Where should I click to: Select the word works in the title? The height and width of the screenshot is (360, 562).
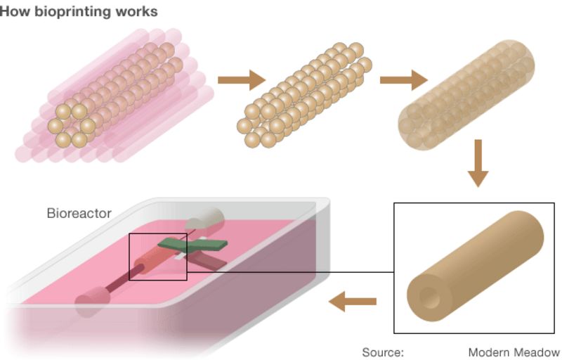(x=138, y=12)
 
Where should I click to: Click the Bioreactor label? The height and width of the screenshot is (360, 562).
(x=79, y=213)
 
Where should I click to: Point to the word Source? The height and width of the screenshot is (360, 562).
(x=382, y=352)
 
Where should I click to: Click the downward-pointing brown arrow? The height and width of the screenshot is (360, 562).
(x=478, y=162)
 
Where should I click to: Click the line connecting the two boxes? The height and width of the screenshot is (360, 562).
(x=288, y=272)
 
